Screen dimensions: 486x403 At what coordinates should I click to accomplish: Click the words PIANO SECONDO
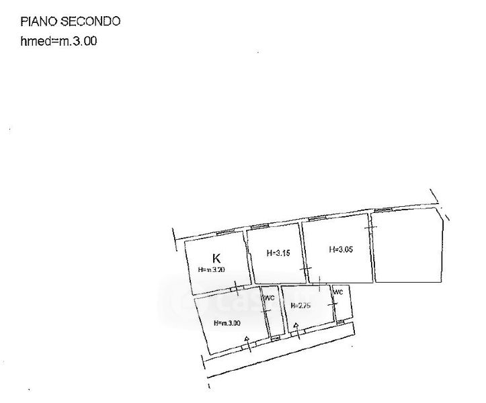pos(71,21)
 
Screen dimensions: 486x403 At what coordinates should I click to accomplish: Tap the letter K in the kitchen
pos(216,258)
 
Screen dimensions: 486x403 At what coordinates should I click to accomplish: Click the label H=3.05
pos(340,249)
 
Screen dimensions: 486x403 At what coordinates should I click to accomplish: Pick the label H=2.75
pos(300,306)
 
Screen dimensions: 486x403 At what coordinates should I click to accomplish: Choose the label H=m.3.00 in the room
pos(227,323)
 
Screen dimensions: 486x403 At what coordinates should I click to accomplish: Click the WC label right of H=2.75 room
pos(338,292)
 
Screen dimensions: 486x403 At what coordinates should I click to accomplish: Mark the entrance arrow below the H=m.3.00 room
pos(247,339)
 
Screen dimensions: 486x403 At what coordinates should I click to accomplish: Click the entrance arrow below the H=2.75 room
pos(294,328)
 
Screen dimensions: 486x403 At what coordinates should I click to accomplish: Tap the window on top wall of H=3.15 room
pos(260,227)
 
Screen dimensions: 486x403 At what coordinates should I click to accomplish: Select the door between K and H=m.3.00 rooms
pos(235,290)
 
